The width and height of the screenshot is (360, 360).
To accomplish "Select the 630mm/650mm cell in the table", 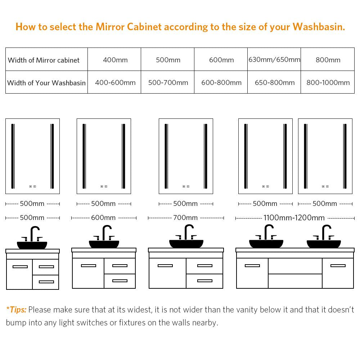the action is [x=274, y=60].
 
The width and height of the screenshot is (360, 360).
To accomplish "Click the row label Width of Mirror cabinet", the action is [x=44, y=60].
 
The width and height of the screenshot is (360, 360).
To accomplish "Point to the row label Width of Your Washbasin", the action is [x=46, y=83].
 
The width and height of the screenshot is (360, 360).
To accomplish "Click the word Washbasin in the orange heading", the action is [x=319, y=27].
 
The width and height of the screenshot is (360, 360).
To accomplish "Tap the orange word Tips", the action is [x=18, y=310].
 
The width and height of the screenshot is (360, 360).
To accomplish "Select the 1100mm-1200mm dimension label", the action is [x=294, y=218].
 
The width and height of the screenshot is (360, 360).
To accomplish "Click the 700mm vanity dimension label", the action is [x=185, y=218].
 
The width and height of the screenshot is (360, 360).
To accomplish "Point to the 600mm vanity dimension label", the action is [x=103, y=218].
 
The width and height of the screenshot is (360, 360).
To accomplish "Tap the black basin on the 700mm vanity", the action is [x=186, y=244].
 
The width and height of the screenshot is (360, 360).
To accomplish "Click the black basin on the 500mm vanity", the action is [x=32, y=245].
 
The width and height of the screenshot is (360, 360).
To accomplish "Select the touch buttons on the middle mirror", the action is [x=186, y=186].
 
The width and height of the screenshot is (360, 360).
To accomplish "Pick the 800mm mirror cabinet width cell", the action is [x=328, y=60].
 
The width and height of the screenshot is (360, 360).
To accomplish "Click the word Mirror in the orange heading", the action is [x=110, y=27].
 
